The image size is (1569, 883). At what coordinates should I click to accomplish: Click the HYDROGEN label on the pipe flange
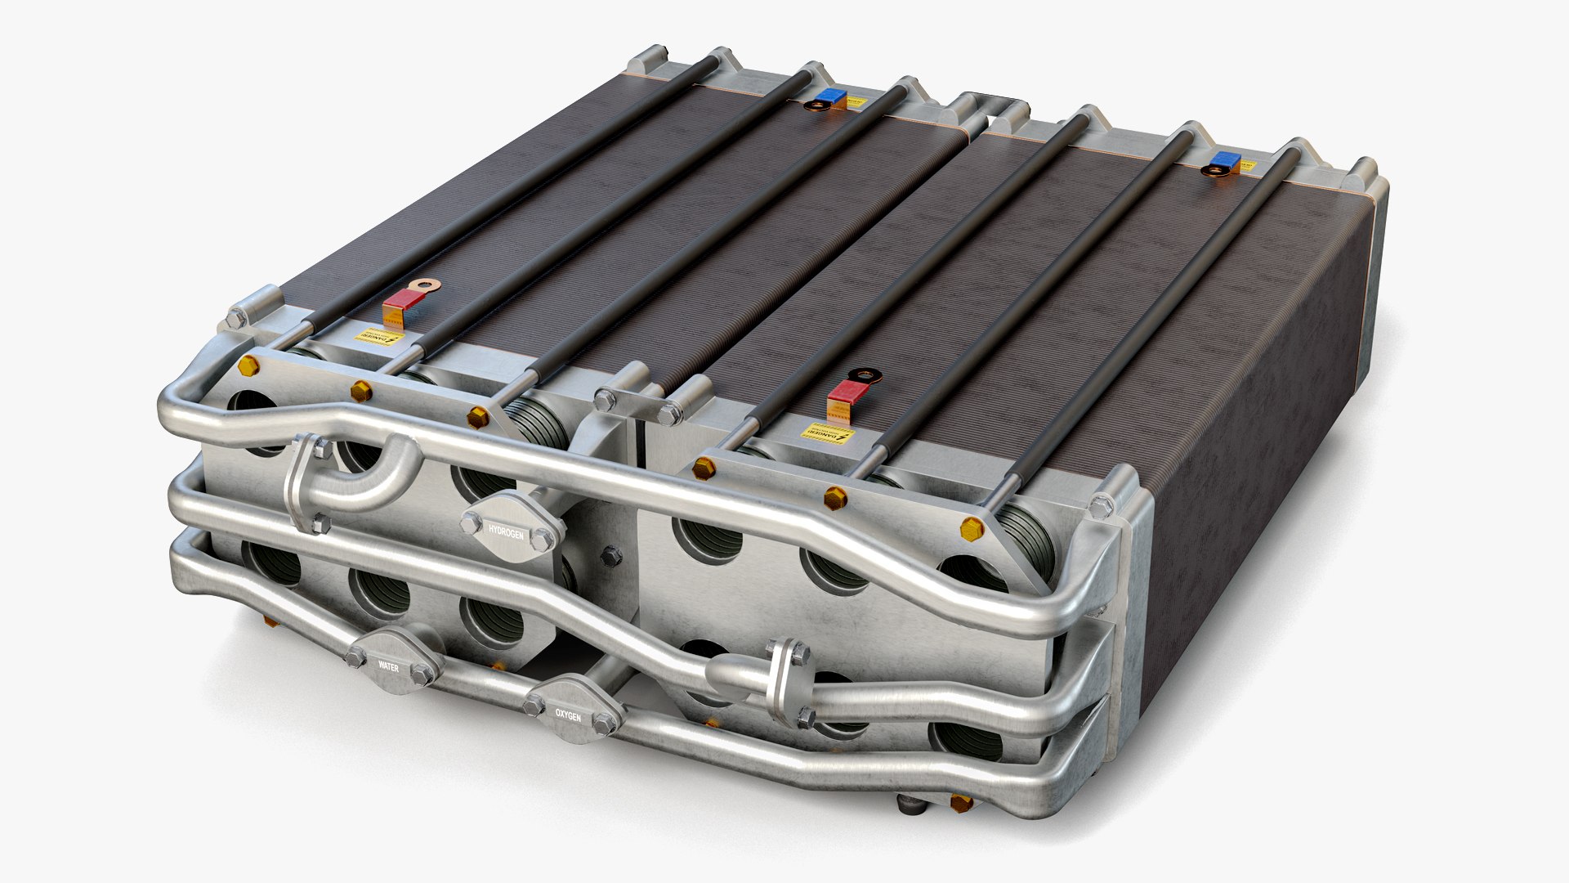coord(506,531)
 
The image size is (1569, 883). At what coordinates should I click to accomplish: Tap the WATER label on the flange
coord(388,666)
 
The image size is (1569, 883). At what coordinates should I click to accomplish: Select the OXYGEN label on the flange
coord(568,715)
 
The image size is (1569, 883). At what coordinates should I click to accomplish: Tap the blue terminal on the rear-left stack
coord(832,96)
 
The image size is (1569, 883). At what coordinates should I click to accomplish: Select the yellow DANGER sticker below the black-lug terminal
coord(827,433)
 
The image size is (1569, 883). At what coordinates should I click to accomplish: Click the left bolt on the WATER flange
coord(356,655)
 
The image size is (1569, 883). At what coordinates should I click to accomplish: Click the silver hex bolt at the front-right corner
coord(1102,505)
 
